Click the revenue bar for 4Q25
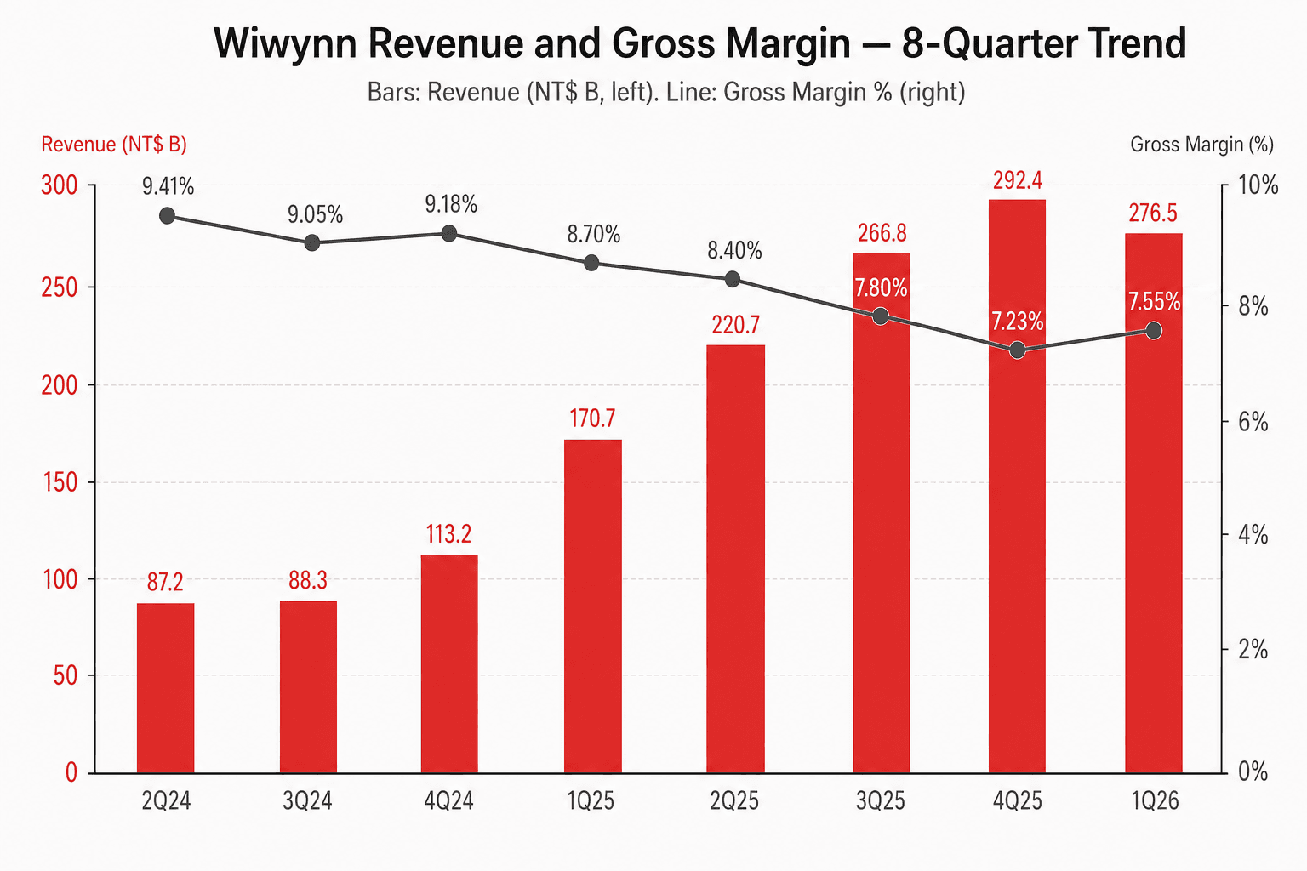click(x=1017, y=487)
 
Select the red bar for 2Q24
click(x=166, y=688)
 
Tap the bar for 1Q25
click(x=593, y=606)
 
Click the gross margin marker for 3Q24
click(x=312, y=242)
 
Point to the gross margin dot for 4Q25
click(x=1017, y=350)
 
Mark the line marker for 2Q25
click(x=733, y=280)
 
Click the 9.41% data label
click(x=168, y=186)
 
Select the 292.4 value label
click(x=1018, y=181)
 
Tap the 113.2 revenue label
click(x=448, y=534)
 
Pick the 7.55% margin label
click(x=1154, y=302)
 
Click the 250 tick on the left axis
click(x=60, y=288)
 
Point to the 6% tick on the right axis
click(x=1253, y=422)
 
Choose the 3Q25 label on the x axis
click(x=881, y=801)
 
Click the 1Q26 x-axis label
click(x=1156, y=801)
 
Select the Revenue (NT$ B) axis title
click(x=114, y=144)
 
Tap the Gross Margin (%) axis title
click(x=1202, y=144)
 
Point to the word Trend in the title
click(x=1123, y=43)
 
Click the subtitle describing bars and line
click(x=666, y=93)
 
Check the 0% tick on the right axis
click(x=1253, y=771)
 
